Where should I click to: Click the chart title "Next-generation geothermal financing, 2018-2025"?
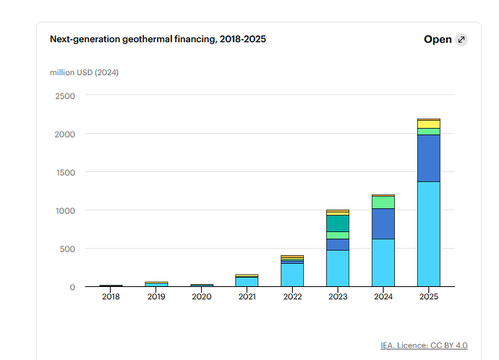[x=158, y=39]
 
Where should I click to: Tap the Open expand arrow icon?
[x=461, y=40]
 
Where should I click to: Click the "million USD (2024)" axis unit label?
[x=84, y=72]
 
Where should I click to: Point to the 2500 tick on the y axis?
[x=65, y=96]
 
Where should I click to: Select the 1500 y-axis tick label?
[x=66, y=173]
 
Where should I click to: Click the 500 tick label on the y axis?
[x=67, y=249]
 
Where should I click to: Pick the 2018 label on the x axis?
[x=111, y=296]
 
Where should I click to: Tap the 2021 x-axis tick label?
[x=247, y=296]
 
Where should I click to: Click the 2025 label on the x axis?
[x=429, y=296]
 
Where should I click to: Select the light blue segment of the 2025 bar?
[x=429, y=234]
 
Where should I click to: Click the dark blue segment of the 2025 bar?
[x=429, y=158]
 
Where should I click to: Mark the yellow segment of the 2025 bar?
[x=429, y=124]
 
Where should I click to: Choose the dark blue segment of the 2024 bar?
[x=383, y=224]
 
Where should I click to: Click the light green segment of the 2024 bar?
[x=383, y=202]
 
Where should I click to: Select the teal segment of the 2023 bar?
[x=338, y=223]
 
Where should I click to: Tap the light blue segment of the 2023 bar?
[x=338, y=268]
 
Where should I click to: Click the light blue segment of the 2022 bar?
[x=292, y=275]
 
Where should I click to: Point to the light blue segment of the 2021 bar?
[x=247, y=282]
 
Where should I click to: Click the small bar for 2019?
[x=156, y=284]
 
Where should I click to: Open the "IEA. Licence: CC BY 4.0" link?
[x=424, y=346]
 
